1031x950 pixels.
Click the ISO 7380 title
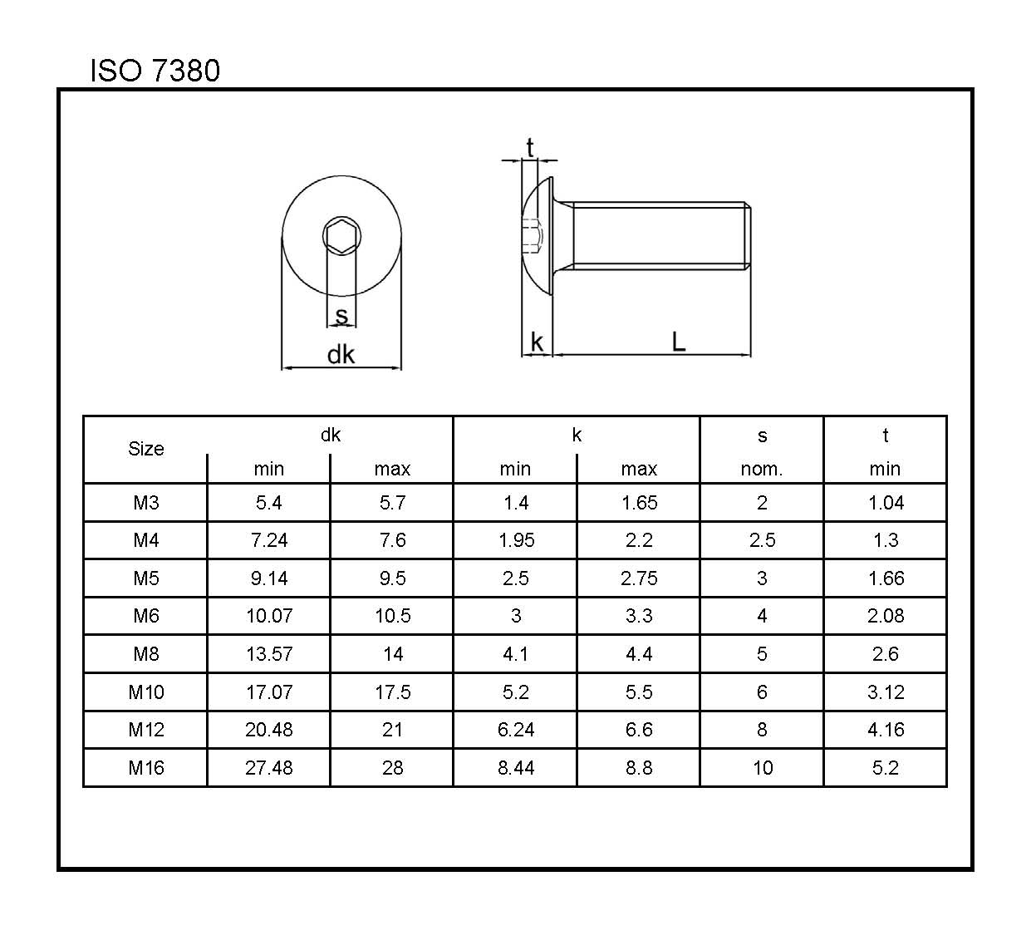click(155, 70)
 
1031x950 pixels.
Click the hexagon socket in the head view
click(341, 237)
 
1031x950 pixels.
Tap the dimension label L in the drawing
click(679, 342)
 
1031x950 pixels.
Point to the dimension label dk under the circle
click(341, 355)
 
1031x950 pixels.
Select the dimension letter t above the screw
click(530, 148)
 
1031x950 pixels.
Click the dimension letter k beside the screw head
click(537, 342)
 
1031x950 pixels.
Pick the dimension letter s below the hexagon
click(341, 315)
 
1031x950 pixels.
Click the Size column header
click(146, 449)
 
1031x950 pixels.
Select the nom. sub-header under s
click(762, 469)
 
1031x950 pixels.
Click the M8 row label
click(146, 654)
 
